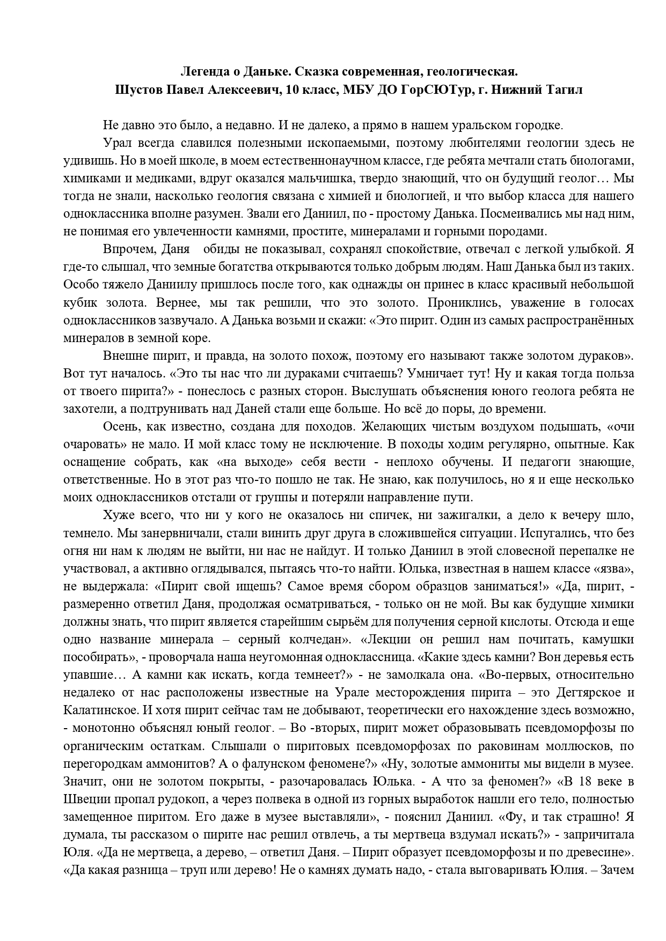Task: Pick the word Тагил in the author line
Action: click(565, 90)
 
